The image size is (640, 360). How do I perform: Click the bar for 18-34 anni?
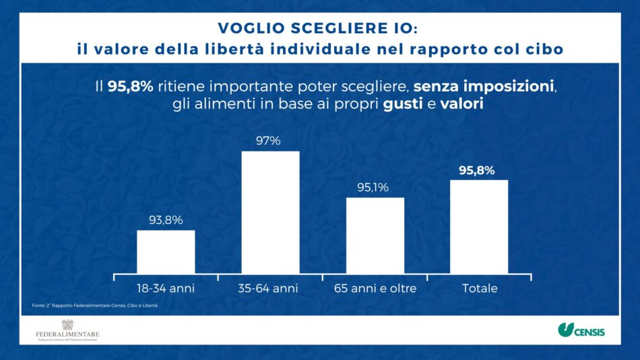166,251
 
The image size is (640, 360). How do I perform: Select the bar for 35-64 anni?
270,212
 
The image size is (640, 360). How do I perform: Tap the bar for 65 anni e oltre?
375,235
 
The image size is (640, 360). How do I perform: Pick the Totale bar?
479,227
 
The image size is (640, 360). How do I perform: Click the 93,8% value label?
166,220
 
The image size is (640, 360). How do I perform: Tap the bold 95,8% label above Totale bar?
477,170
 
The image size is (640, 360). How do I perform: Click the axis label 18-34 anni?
166,289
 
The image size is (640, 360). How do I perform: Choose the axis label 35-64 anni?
268,289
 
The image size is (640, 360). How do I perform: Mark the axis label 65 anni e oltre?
375,289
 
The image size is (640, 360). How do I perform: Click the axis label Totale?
480,289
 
